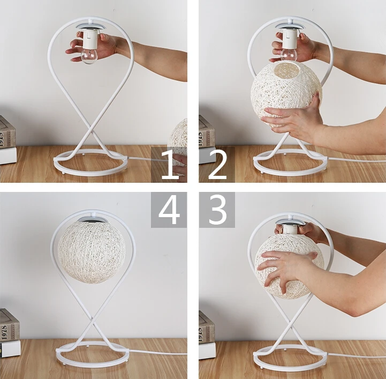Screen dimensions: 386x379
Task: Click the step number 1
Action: tap(169, 164)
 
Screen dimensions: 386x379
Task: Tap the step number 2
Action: tap(217, 164)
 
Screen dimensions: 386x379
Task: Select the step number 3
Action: tap(217, 210)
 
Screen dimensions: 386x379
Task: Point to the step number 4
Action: tap(169, 210)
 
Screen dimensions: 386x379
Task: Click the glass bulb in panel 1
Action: tap(89, 56)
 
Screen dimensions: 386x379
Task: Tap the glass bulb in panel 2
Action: tap(289, 55)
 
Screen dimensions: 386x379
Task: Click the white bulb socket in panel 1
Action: tap(89, 40)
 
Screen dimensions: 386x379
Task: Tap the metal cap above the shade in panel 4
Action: tap(92, 219)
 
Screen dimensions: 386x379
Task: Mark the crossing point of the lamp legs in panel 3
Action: tap(291, 326)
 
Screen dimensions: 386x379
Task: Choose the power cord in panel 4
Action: tap(157, 352)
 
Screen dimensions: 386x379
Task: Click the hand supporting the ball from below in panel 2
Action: tap(293, 118)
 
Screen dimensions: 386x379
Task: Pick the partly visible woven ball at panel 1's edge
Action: tap(178, 145)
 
